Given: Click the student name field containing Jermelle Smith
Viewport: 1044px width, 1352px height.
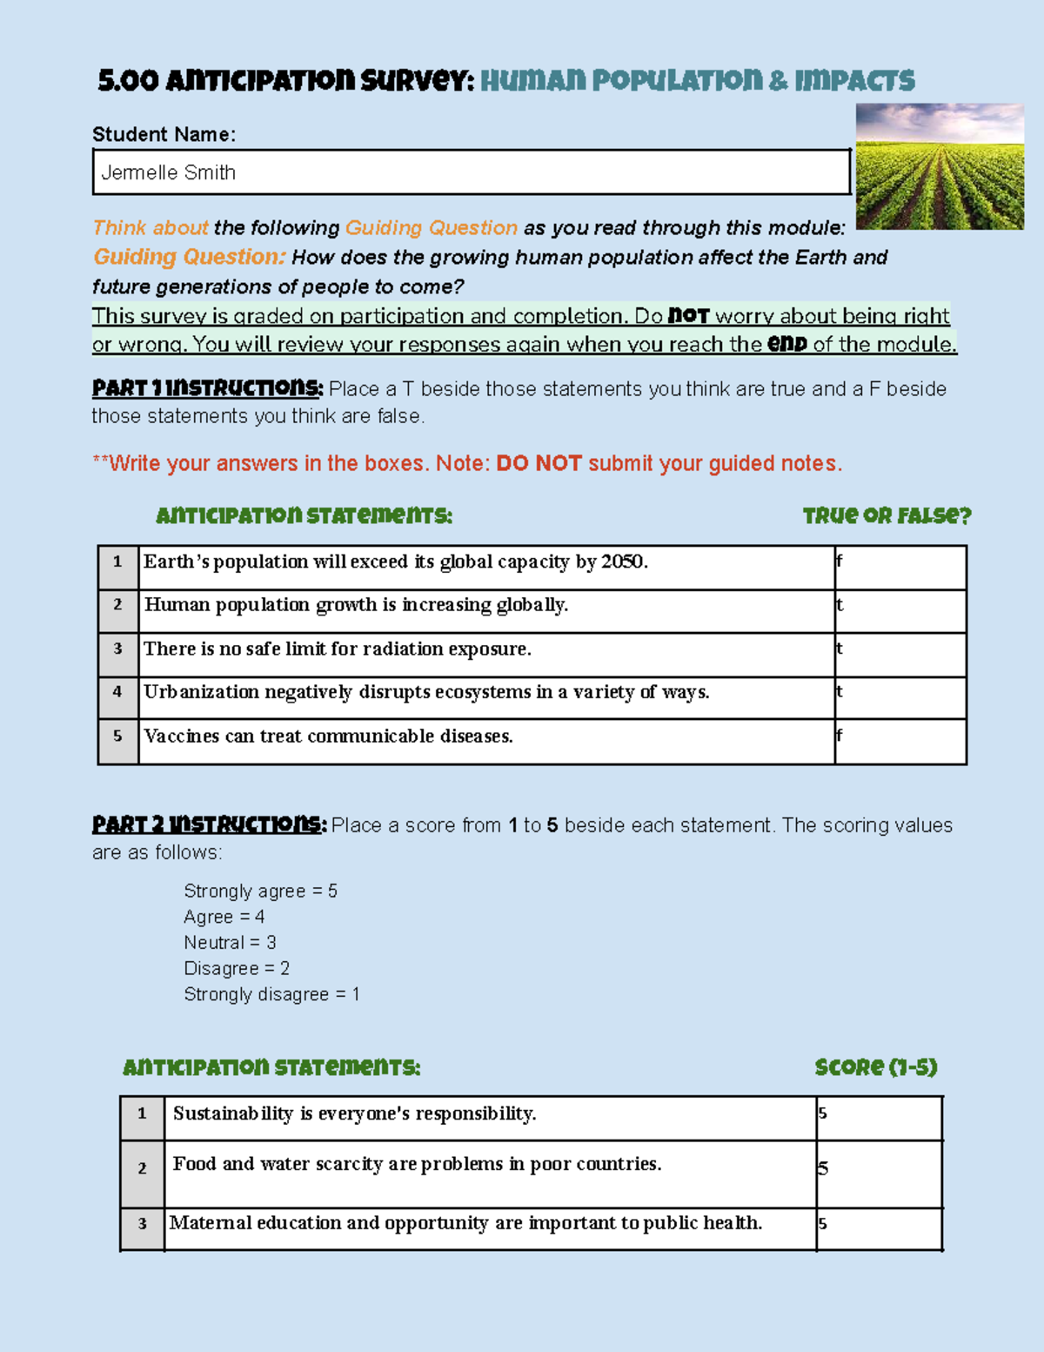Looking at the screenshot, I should coord(471,172).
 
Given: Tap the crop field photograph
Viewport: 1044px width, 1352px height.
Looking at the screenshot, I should coord(940,166).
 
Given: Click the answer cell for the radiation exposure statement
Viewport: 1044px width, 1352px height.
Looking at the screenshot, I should coord(900,655).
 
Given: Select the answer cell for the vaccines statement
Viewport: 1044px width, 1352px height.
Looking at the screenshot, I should coord(900,742).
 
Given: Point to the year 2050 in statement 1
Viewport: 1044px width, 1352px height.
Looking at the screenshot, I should coord(623,562).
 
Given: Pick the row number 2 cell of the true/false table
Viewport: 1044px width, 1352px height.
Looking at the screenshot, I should coord(118,606).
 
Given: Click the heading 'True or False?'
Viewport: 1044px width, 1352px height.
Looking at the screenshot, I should coord(886,516).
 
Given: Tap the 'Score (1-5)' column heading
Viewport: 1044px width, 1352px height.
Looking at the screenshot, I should coord(875,1067).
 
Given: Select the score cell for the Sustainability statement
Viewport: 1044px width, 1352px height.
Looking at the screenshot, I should coord(879,1118).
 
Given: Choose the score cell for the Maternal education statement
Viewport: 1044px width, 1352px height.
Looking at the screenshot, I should coord(879,1228).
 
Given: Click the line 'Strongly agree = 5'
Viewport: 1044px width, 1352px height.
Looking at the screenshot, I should coord(260,891).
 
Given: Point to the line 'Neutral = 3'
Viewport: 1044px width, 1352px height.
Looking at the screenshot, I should coord(230,943).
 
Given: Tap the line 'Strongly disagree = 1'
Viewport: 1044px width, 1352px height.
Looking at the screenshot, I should coord(271,994).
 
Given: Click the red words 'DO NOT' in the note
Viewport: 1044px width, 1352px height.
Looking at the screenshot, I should coord(539,464).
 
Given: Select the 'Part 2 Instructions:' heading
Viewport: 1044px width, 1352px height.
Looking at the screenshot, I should coord(209,824).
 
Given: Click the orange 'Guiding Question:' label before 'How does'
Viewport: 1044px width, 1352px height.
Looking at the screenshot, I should coord(190,257).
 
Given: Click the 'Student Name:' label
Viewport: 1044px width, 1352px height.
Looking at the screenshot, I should coord(164,134).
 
